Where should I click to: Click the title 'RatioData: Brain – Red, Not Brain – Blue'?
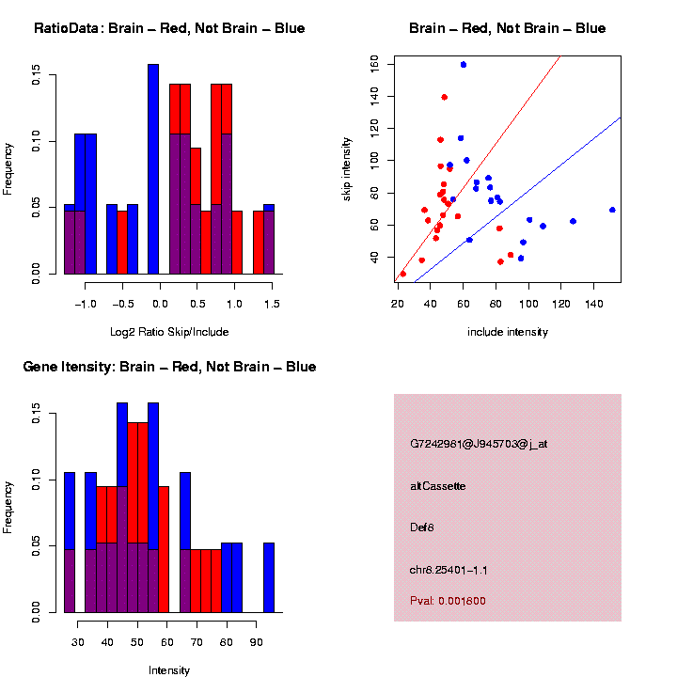pos(169,28)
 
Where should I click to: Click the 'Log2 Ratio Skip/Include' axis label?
pos(169,332)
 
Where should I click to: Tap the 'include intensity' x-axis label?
pos(508,332)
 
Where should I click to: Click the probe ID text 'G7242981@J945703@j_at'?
pos(479,444)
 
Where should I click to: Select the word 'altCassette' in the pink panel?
pos(438,486)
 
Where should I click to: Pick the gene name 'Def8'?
pos(422,527)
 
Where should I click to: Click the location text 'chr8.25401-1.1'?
pos(449,570)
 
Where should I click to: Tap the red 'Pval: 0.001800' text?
pos(448,601)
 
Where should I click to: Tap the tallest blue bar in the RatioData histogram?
pos(153,169)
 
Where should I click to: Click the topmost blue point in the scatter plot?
pos(464,64)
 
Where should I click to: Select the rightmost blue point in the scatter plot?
pos(612,210)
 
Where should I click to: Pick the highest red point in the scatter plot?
pos(444,97)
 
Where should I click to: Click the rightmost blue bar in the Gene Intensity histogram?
pos(269,577)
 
